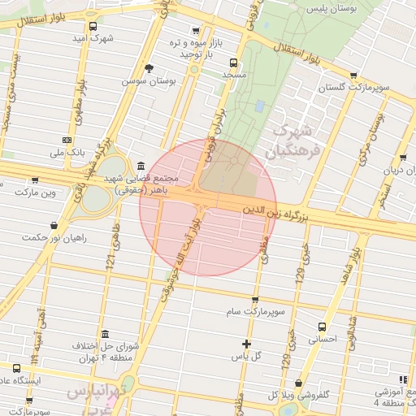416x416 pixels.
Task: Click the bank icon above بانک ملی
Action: [x=66, y=140]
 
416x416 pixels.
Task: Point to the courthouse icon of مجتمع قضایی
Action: [x=141, y=164]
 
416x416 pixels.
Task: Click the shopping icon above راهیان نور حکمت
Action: [x=54, y=225]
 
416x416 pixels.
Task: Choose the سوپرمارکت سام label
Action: [x=254, y=311]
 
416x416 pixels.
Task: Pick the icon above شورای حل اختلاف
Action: [x=105, y=333]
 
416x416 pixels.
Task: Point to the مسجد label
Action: [x=233, y=74]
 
